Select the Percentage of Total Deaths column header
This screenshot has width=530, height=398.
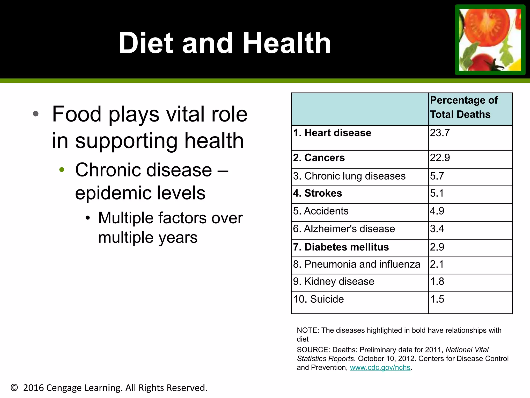tap(463, 107)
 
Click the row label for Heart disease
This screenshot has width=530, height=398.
tap(332, 133)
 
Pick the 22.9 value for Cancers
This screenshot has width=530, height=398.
tap(440, 158)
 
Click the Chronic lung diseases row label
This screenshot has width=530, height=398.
tap(349, 176)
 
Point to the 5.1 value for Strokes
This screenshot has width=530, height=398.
tap(437, 193)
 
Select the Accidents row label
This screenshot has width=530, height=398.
tap(321, 211)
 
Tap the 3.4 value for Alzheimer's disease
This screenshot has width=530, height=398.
tap(437, 229)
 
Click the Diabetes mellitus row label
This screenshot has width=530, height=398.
tap(341, 247)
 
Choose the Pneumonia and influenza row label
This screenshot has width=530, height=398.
tap(356, 264)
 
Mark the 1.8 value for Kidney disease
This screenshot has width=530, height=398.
tap(437, 281)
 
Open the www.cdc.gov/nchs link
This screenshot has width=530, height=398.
tap(380, 367)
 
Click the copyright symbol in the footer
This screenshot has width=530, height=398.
tap(14, 388)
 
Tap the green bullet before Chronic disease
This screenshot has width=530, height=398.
tap(62, 170)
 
